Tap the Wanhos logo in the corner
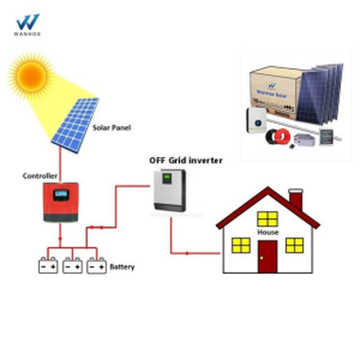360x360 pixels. (x=27, y=24)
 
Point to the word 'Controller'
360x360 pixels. (x=41, y=176)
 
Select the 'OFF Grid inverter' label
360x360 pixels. (x=186, y=160)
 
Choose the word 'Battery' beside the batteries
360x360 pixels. (x=122, y=267)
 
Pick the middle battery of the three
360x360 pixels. (x=72, y=266)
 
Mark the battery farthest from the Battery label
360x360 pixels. (x=47, y=266)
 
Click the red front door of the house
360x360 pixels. (x=268, y=256)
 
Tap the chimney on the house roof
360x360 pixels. (x=296, y=201)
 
